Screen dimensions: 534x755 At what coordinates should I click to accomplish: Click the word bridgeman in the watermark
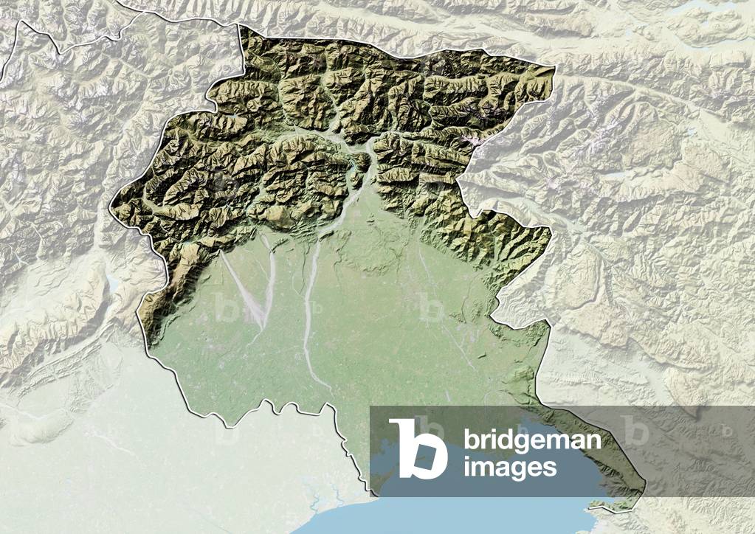531,441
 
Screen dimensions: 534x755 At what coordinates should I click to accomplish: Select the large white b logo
418,448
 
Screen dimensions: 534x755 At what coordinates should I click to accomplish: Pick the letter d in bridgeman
500,440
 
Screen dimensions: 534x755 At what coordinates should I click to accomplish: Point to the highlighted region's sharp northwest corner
239,26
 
